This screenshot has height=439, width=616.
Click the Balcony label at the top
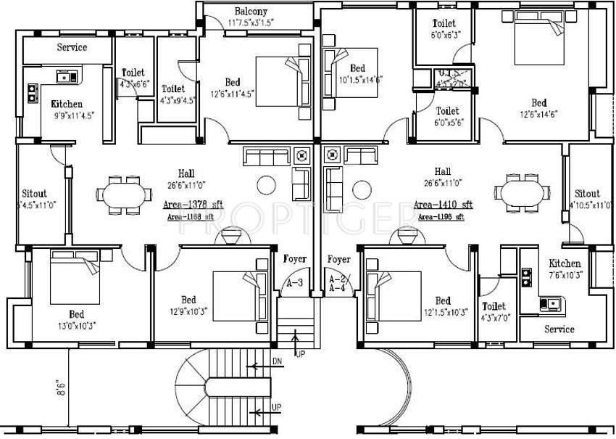(x=251, y=12)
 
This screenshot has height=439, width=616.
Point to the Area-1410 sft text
(x=443, y=205)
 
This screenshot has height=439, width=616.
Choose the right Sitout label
(x=587, y=194)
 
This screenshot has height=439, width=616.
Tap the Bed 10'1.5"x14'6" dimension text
(x=358, y=80)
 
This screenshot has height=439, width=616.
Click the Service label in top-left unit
(x=72, y=47)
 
